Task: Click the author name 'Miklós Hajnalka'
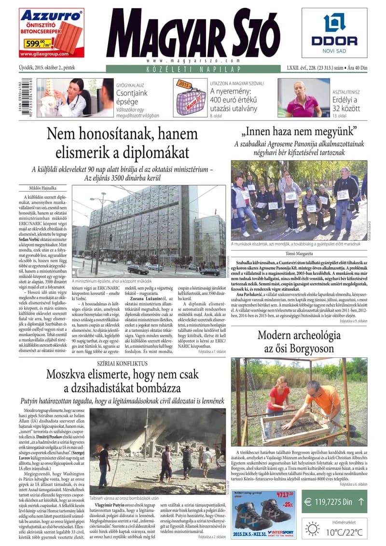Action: [39, 187]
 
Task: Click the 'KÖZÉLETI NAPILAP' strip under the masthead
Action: [193, 69]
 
